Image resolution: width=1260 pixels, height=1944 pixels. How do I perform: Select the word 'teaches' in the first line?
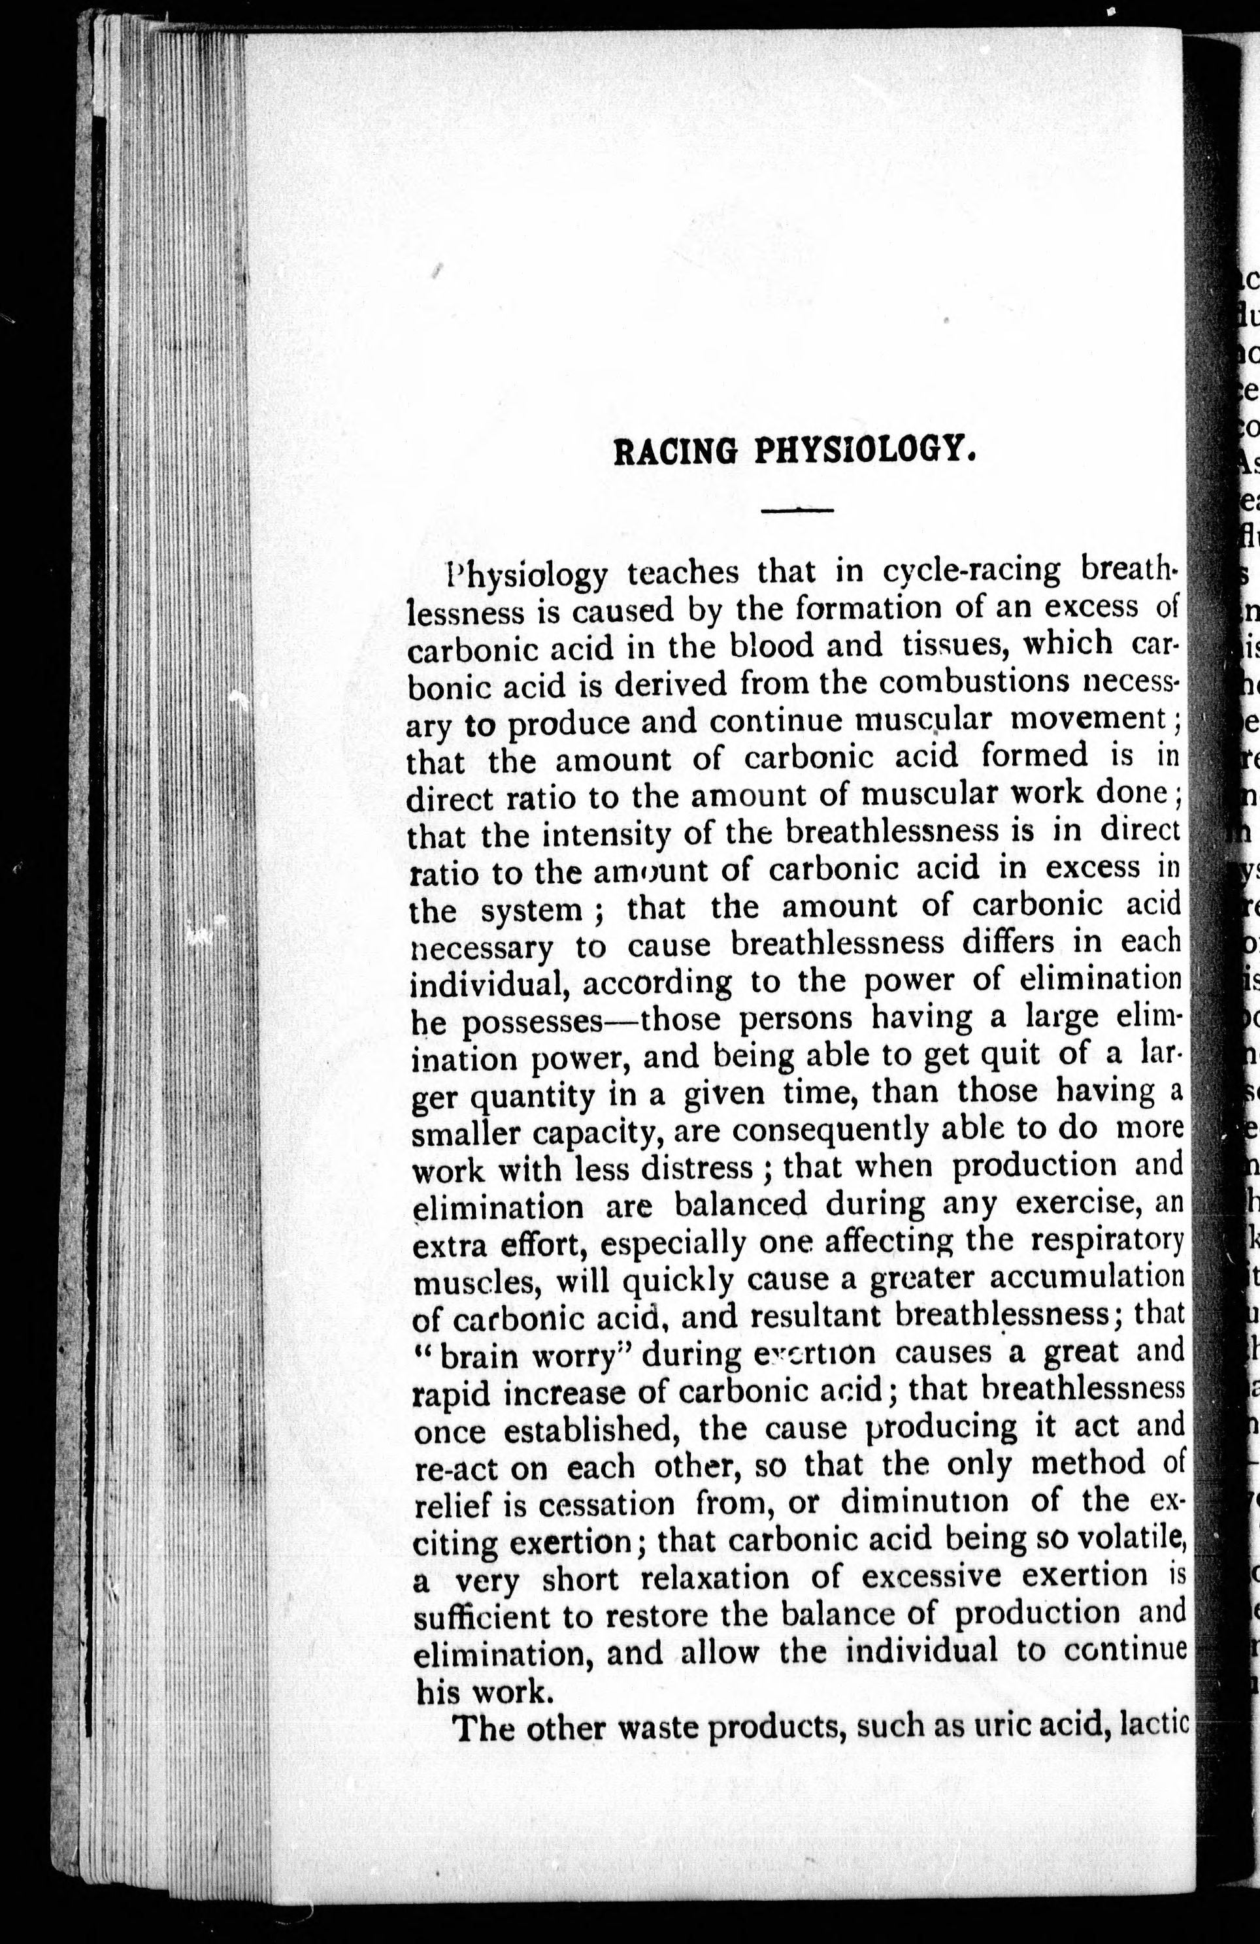coord(682,572)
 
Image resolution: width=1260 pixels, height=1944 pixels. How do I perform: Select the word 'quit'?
coord(1009,1056)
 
